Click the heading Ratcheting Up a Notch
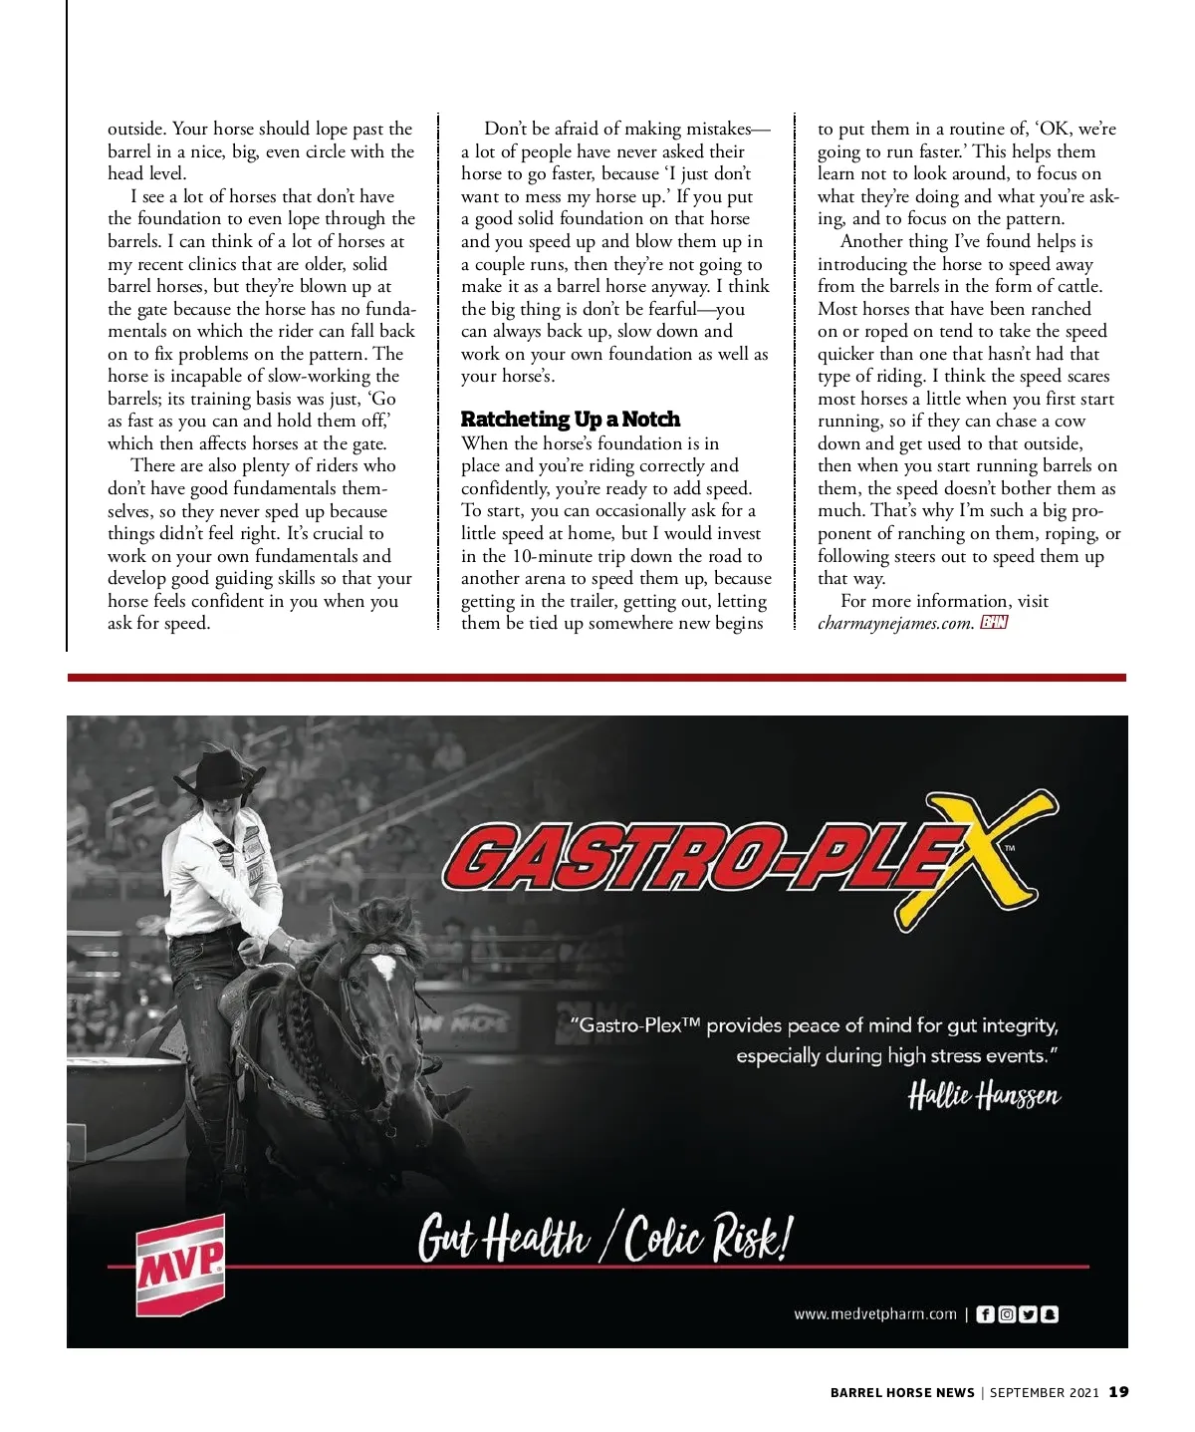(570, 420)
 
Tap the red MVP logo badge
(180, 1264)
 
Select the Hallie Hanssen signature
(984, 1096)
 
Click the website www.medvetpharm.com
(874, 1314)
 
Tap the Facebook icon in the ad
(984, 1314)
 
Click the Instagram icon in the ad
(1007, 1314)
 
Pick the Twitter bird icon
(1029, 1314)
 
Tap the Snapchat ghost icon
(1050, 1314)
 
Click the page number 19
(1119, 1392)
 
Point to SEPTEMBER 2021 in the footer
(1044, 1393)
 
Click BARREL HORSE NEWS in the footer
(902, 1393)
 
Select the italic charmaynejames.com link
(895, 624)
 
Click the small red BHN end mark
(994, 623)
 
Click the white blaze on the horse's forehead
(382, 965)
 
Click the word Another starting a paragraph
(873, 241)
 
